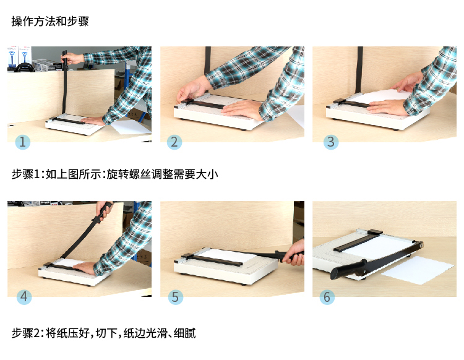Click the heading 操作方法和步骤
pyautogui.click(x=50, y=21)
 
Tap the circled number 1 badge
pyautogui.click(x=22, y=142)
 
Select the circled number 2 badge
pyautogui.click(x=174, y=142)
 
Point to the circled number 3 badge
pyautogui.click(x=331, y=142)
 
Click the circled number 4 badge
pyautogui.click(x=24, y=297)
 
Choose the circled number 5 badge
pyautogui.click(x=176, y=297)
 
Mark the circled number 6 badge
pyautogui.click(x=327, y=297)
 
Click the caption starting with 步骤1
pyautogui.click(x=115, y=174)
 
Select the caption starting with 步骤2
pyautogui.click(x=103, y=333)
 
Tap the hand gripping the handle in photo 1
pyautogui.click(x=71, y=58)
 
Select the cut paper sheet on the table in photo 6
pyautogui.click(x=418, y=270)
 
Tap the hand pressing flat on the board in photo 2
pyautogui.click(x=242, y=109)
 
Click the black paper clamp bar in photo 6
pyautogui.click(x=358, y=241)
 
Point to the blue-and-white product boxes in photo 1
pyautogui.click(x=19, y=58)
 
